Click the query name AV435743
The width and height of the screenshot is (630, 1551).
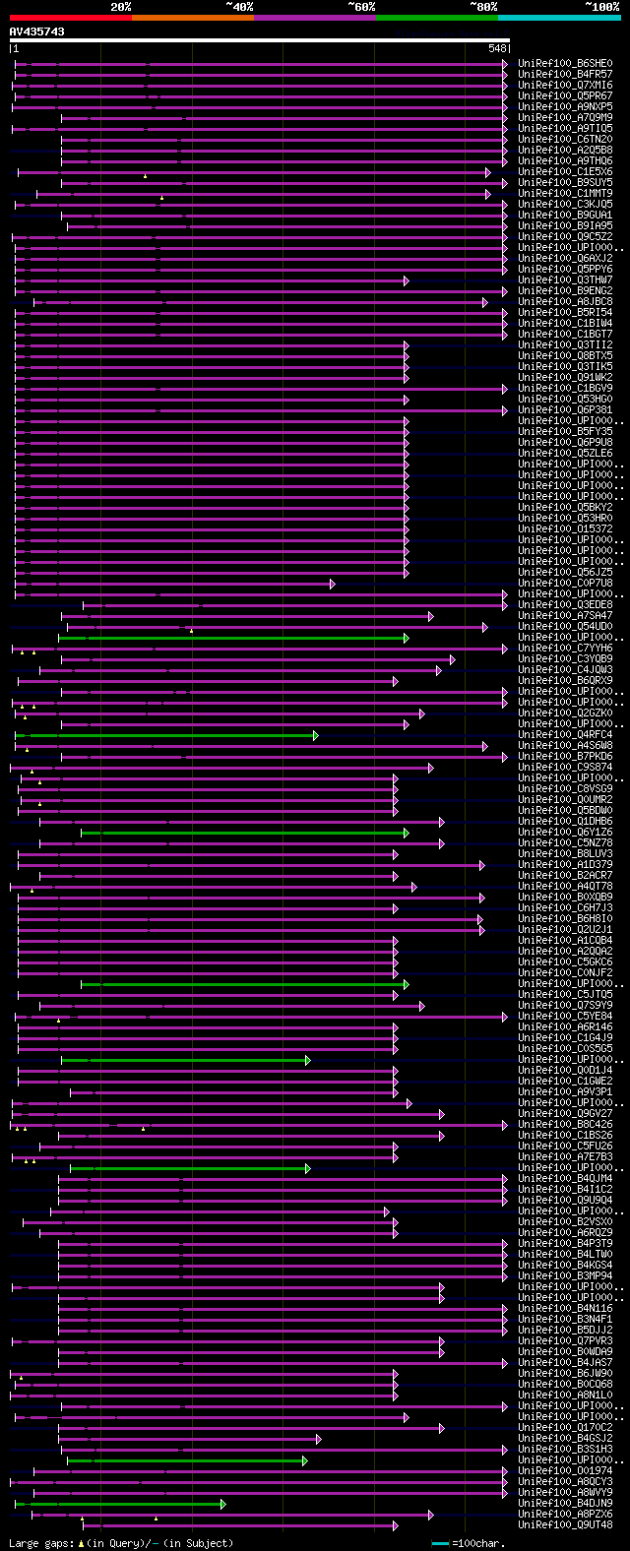(37, 31)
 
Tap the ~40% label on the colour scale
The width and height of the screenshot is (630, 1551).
(239, 7)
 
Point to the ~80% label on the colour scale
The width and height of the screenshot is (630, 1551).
(483, 7)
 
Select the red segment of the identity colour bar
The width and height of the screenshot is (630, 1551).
(70, 17)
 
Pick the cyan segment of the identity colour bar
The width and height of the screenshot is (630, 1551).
(558, 17)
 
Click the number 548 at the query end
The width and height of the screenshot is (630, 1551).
(496, 48)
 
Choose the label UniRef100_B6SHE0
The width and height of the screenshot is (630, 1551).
(565, 64)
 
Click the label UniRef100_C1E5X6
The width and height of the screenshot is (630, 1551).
(565, 172)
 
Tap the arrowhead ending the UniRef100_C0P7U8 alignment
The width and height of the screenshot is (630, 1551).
(333, 584)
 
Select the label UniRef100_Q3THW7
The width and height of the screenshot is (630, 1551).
(565, 280)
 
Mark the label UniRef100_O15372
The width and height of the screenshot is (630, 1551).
(565, 529)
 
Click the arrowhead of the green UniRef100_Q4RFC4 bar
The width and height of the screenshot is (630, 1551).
(316, 735)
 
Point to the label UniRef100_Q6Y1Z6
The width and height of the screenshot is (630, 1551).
(565, 833)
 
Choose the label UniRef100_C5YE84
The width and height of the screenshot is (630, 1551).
(565, 1017)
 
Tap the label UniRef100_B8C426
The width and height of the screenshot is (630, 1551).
(565, 1125)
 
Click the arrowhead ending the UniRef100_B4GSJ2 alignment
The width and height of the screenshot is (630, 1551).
(318, 1439)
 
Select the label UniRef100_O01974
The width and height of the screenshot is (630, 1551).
(565, 1471)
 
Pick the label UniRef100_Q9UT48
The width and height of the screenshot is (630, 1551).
(565, 1525)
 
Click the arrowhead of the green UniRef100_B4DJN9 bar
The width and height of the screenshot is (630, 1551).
(223, 1504)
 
